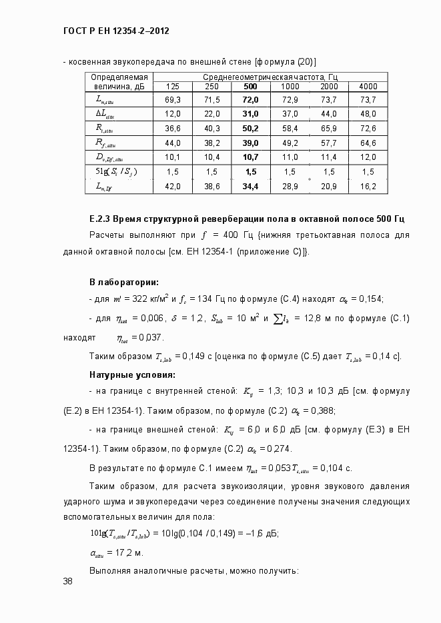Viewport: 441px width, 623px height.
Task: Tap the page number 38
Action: (68, 582)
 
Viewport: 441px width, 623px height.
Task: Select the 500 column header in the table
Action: (250, 87)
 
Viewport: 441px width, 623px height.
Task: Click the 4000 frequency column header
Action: (368, 87)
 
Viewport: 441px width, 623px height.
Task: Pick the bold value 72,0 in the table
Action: (250, 99)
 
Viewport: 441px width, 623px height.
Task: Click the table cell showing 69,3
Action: (172, 99)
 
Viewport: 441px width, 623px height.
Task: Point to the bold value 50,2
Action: (250, 128)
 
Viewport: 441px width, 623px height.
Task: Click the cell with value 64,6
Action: (368, 143)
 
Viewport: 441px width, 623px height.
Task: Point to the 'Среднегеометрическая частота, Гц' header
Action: (270, 77)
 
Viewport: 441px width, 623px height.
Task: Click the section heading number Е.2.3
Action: (99, 219)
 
